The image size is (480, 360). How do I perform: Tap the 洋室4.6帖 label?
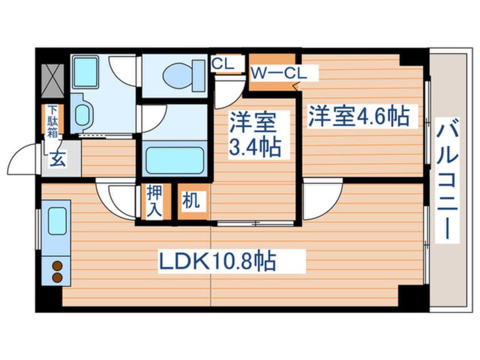pyautogui.click(x=359, y=117)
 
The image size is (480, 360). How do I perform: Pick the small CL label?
pyautogui.click(x=222, y=64)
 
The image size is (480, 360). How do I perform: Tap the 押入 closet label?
pyautogui.click(x=154, y=201)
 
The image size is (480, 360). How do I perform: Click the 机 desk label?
pyautogui.click(x=191, y=202)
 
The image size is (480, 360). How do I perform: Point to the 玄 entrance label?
pyautogui.click(x=57, y=160)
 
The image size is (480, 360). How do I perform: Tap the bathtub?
pyautogui.click(x=174, y=160)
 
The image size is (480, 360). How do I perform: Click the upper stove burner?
pyautogui.click(x=57, y=265)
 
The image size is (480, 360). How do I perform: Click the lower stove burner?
pyautogui.click(x=57, y=277)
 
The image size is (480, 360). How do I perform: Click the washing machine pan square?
pyautogui.click(x=86, y=72)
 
